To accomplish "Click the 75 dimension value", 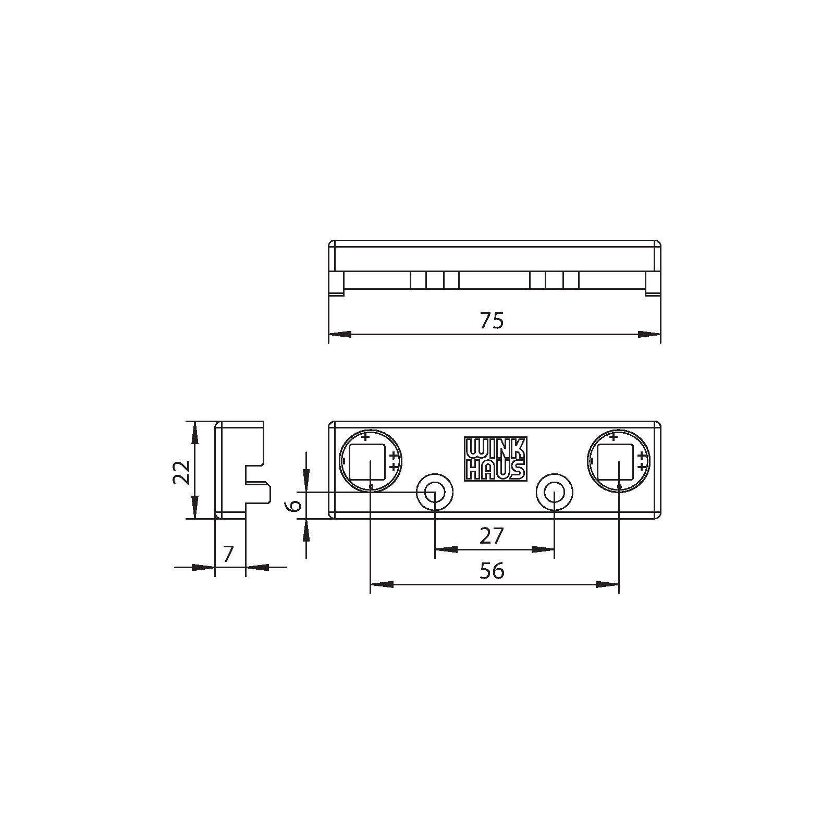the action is [x=492, y=321].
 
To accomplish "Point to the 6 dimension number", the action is [x=295, y=505].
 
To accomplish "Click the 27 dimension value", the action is [x=492, y=536].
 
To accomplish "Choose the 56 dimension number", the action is [x=492, y=571].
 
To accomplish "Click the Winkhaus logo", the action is [x=495, y=459].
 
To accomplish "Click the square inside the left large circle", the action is [x=367, y=462].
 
